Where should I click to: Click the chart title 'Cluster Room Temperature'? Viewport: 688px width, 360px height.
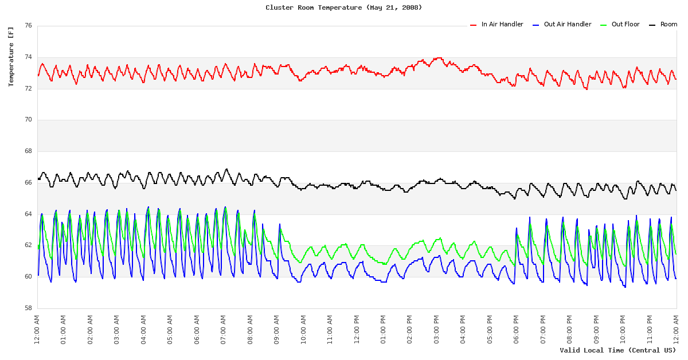[343, 7]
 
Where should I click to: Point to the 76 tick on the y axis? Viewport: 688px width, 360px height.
[28, 26]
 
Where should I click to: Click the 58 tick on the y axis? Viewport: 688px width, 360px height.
[28, 308]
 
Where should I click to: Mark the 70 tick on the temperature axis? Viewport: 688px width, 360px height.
[28, 120]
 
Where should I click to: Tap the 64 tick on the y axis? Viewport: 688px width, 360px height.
[28, 214]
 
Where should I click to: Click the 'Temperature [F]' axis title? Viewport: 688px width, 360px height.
[11, 57]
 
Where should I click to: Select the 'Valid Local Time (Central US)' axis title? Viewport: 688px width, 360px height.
[618, 350]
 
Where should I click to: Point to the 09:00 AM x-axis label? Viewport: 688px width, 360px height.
[277, 328]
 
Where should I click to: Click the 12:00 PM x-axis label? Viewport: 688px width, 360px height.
[357, 328]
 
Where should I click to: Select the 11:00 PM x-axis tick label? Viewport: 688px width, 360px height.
[650, 328]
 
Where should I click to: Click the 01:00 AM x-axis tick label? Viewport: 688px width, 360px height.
[64, 328]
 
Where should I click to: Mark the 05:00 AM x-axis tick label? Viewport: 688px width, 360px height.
[170, 328]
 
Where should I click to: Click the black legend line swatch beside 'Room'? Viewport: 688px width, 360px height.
[652, 25]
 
